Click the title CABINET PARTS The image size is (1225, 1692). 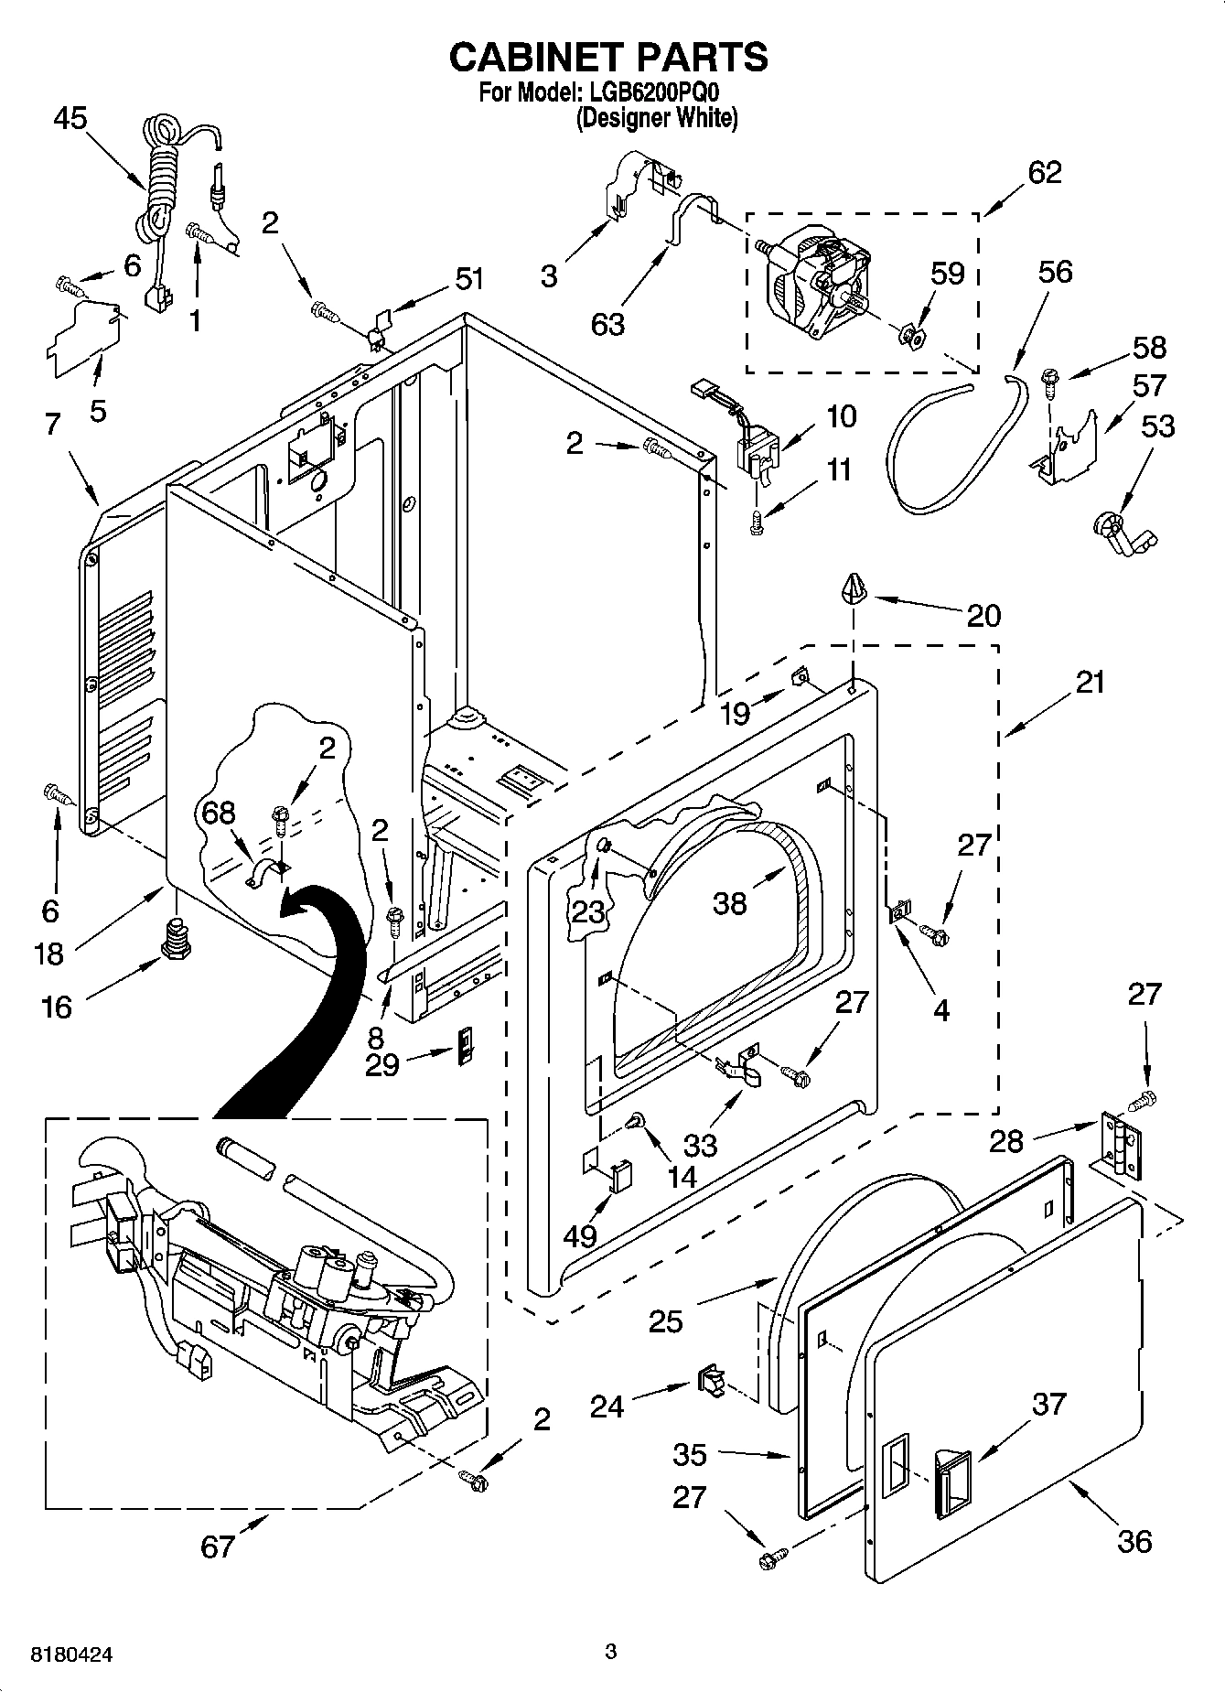(x=607, y=57)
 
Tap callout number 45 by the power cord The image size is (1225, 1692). (x=70, y=118)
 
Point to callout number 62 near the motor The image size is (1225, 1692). (x=1045, y=171)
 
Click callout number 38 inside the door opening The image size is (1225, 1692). (x=730, y=903)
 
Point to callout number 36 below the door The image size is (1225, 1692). (x=1134, y=1541)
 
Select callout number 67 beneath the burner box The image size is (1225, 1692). (x=218, y=1546)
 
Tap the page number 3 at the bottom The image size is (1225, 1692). (x=611, y=1652)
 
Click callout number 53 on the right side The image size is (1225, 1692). (x=1158, y=426)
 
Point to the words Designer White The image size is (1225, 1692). (x=656, y=118)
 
